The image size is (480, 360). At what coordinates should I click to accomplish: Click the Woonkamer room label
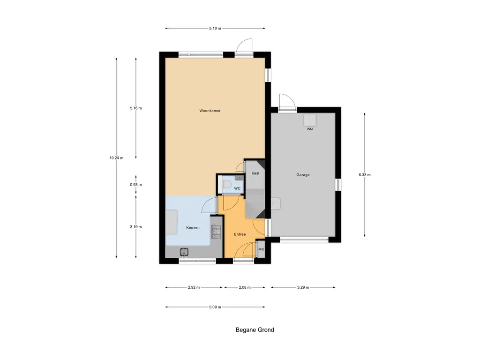[x=210, y=111]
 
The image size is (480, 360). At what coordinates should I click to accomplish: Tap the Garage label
[x=303, y=175]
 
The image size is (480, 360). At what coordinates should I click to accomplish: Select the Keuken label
[x=193, y=227]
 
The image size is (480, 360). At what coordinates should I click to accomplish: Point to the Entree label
[x=240, y=234]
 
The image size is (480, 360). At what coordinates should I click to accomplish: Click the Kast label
[x=255, y=173]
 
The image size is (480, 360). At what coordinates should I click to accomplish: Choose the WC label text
[x=237, y=188]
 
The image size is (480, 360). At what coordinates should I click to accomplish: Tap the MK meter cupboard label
[x=261, y=249]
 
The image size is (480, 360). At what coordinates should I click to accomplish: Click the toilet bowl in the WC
[x=227, y=185]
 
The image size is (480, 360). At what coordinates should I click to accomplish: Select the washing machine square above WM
[x=310, y=120]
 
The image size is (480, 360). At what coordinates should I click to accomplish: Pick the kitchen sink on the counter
[x=184, y=252]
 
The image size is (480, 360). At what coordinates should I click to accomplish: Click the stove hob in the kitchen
[x=216, y=231]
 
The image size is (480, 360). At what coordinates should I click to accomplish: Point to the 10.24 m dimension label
[x=116, y=158]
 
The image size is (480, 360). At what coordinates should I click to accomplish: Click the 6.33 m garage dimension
[x=365, y=175]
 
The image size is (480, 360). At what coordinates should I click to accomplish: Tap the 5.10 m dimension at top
[x=215, y=28]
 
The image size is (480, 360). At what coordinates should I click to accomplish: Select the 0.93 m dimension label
[x=136, y=185]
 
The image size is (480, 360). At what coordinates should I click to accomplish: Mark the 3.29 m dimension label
[x=303, y=287]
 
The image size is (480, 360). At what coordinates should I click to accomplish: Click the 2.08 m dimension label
[x=245, y=287]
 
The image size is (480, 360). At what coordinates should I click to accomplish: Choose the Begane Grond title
[x=255, y=330]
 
